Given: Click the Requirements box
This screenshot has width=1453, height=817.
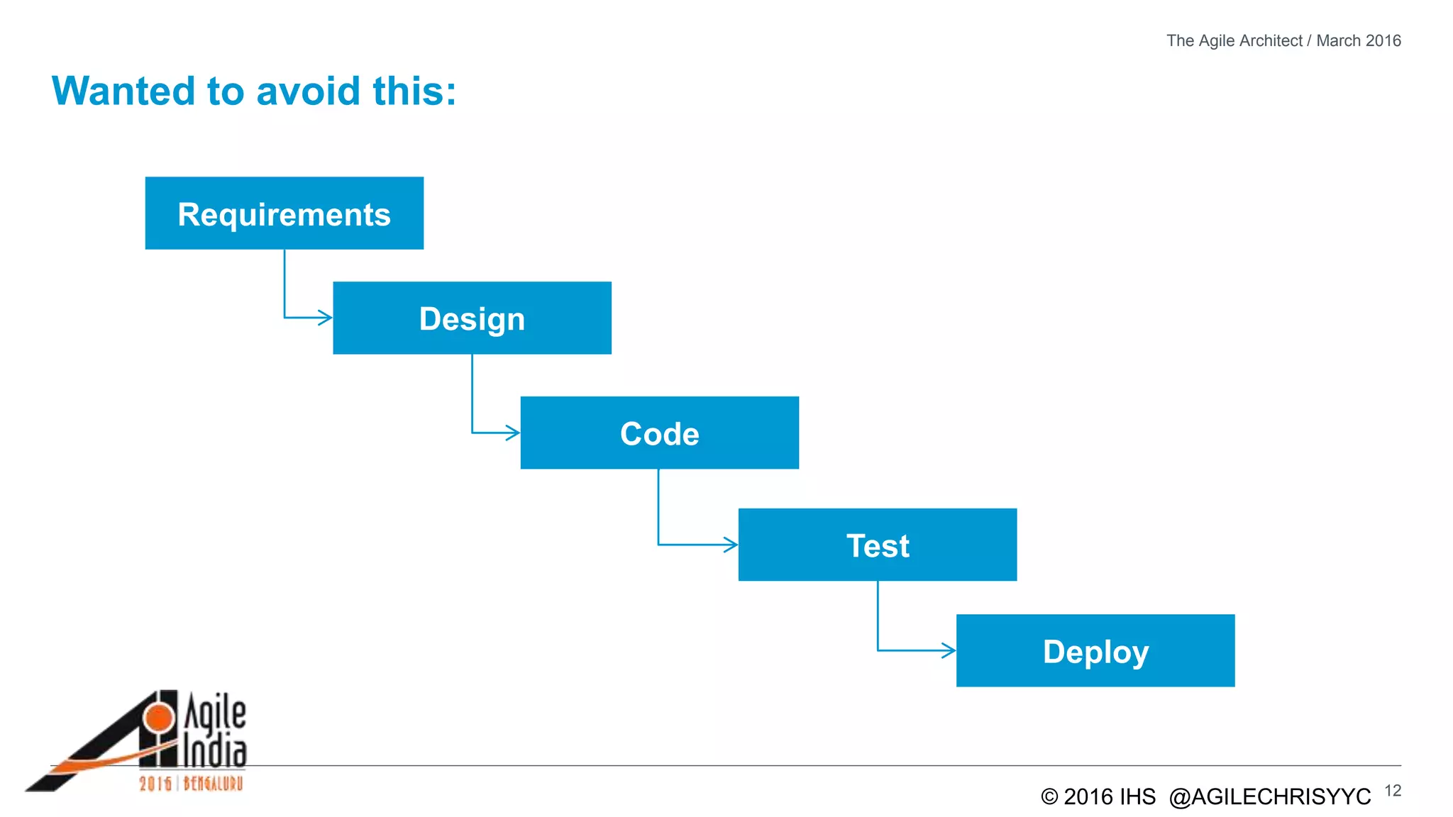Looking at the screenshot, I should click(x=284, y=213).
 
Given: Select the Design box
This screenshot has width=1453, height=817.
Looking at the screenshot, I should click(x=472, y=318).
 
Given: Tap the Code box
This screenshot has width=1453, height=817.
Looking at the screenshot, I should click(x=659, y=433).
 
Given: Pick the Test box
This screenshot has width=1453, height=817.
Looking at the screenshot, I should click(x=877, y=545).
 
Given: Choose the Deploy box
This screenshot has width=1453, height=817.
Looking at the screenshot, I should click(x=1095, y=650).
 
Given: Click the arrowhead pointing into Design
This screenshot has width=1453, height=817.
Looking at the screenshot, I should click(x=326, y=317).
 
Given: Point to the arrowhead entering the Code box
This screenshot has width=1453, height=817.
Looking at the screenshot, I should click(x=513, y=433).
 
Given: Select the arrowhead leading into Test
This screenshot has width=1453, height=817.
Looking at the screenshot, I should click(x=731, y=545).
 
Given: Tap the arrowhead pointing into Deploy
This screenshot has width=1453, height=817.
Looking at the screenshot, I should click(x=949, y=650).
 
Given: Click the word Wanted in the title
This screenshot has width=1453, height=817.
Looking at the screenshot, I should click(x=123, y=91).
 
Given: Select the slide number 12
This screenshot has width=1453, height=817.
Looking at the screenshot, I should click(x=1392, y=791).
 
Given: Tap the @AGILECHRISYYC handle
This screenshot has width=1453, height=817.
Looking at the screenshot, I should click(x=1269, y=797).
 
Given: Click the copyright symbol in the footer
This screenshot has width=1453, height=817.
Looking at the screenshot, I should click(x=1049, y=797).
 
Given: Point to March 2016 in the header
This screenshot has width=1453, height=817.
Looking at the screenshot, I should click(x=1358, y=40).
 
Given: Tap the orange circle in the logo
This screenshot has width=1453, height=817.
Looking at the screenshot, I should click(x=158, y=718).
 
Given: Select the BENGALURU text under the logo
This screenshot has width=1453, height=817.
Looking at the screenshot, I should click(x=213, y=784).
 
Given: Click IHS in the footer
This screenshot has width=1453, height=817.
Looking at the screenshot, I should click(x=1137, y=797).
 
